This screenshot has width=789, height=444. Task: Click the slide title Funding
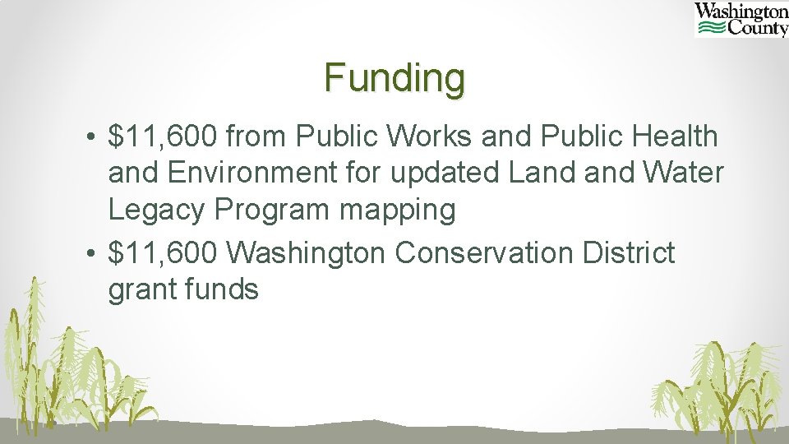tap(394, 78)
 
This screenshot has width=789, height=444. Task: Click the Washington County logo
tap(741, 20)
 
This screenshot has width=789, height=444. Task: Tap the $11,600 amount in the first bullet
tap(163, 137)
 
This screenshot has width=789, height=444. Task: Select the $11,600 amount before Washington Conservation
tap(163, 253)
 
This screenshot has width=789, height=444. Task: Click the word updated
tap(446, 173)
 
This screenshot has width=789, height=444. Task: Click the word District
tap(629, 253)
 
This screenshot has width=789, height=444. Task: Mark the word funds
tap(221, 289)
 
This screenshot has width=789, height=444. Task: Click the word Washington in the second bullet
tap(306, 253)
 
